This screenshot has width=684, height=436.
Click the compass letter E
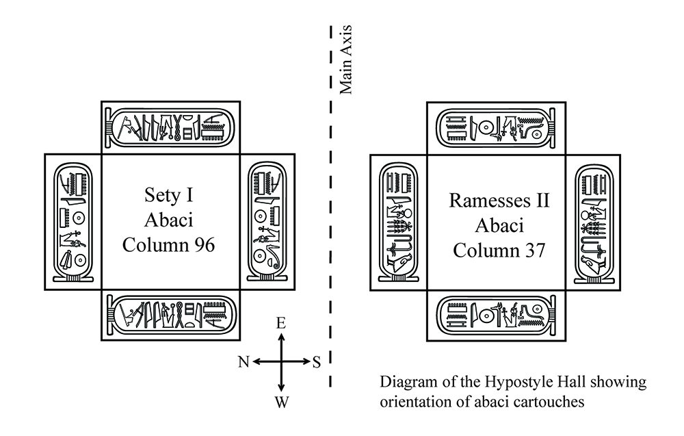[x=280, y=324]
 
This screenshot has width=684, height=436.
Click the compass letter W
[x=280, y=403]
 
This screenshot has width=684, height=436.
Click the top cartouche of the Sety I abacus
[x=170, y=127]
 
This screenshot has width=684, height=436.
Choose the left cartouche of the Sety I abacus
[x=73, y=222]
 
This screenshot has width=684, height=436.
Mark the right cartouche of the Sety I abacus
[x=267, y=222]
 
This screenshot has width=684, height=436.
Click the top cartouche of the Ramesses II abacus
[x=497, y=127]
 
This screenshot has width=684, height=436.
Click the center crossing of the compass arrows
[x=280, y=362]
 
